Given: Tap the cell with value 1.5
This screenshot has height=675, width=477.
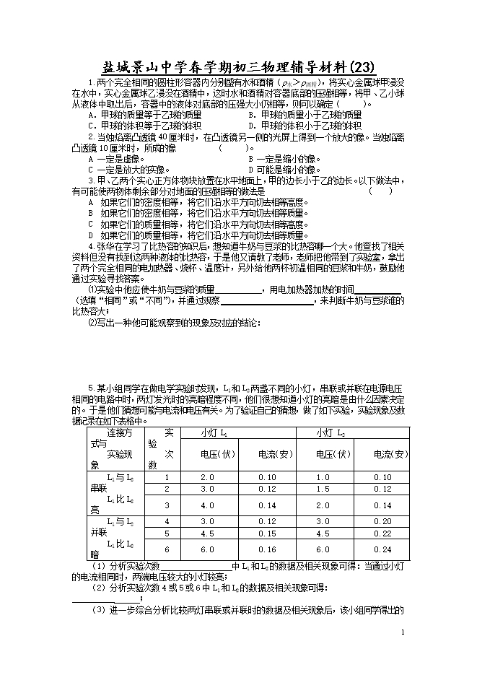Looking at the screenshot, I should click(323, 489).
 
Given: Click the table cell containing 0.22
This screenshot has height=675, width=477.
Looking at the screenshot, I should click(382, 534).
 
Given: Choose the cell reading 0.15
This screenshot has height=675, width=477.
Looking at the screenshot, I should click(267, 534).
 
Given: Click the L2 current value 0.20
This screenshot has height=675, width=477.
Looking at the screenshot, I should click(382, 521).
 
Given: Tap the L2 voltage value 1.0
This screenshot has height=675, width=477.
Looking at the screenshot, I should click(323, 477).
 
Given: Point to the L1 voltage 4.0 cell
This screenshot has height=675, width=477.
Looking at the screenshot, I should click(208, 505).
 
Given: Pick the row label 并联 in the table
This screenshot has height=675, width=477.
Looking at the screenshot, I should click(98, 532).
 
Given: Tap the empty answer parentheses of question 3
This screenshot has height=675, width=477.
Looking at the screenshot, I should click(380, 191).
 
